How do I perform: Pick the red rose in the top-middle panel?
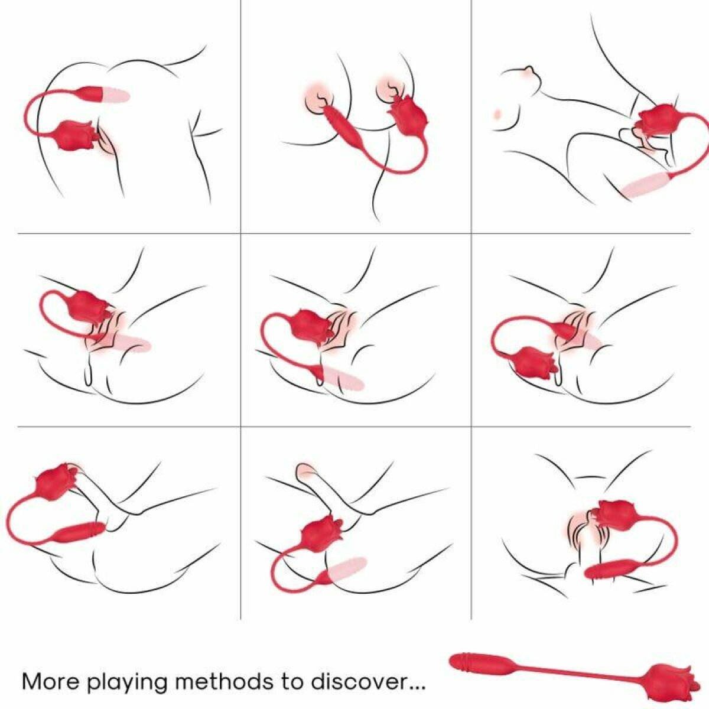pos(408,116)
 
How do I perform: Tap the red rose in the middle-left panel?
pos(89,308)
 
